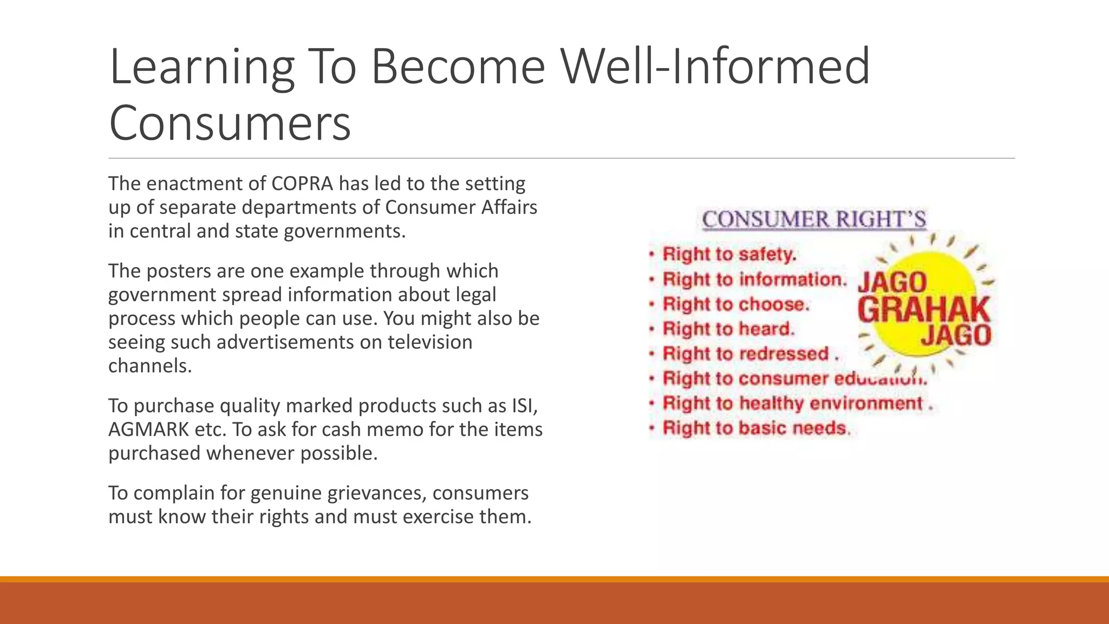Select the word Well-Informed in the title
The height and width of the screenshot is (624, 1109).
pos(715,67)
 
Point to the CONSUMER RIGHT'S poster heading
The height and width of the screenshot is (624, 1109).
pos(813,219)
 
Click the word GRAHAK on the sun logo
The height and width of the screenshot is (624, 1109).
pos(923,310)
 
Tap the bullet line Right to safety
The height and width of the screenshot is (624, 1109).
pos(729,254)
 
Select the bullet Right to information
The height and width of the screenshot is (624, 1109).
pos(754,279)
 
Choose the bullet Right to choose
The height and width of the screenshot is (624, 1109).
pos(735,304)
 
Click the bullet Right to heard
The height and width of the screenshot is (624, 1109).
pos(728,329)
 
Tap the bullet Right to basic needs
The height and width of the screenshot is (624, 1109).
pos(755,428)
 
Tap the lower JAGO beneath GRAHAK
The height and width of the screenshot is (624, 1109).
pos(956,335)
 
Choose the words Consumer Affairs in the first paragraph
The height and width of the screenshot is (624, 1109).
pos(461,207)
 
